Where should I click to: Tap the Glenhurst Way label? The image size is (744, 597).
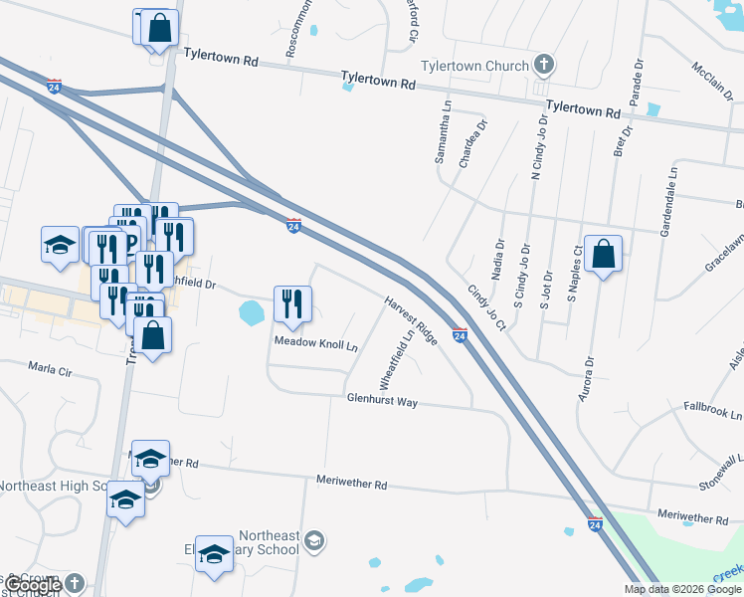(382, 401)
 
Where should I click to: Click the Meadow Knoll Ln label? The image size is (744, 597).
(316, 345)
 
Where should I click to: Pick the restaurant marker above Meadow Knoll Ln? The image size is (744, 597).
(292, 303)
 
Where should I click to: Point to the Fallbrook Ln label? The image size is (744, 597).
(713, 410)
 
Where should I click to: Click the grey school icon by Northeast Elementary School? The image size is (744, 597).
(313, 540)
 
